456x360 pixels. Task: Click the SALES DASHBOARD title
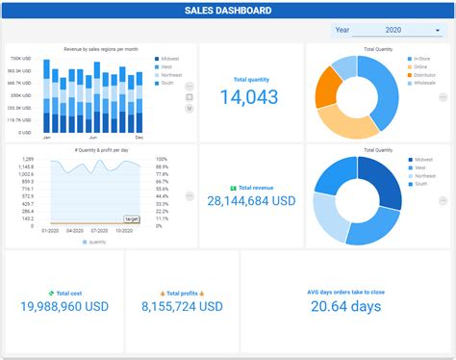228,12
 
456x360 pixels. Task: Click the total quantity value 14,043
249,97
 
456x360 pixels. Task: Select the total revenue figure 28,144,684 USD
251,200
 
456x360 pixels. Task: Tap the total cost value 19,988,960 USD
63,306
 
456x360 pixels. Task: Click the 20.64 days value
345,306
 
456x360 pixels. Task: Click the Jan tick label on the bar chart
46,138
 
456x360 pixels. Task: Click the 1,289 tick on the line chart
28,159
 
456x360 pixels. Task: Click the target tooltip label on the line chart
132,219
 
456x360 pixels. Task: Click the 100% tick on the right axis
163,159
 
